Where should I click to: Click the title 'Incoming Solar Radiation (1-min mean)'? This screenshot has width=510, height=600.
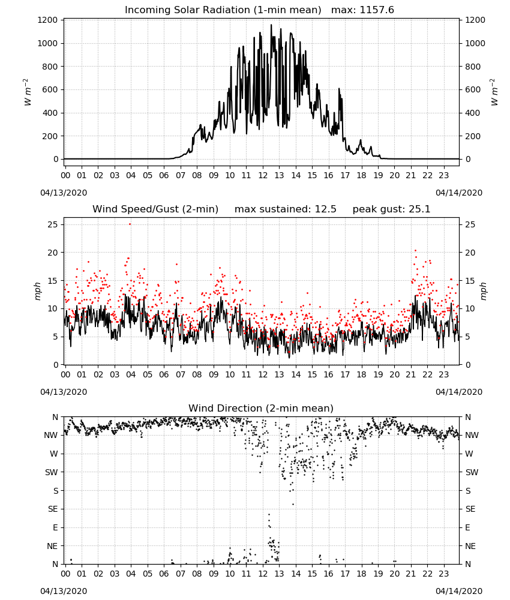point(223,10)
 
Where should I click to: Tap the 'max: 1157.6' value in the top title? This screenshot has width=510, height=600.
point(362,10)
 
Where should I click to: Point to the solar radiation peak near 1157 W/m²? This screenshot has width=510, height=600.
point(271,25)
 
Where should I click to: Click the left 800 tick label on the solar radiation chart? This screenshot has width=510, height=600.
point(50,67)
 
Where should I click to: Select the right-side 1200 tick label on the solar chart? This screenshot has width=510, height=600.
point(475,20)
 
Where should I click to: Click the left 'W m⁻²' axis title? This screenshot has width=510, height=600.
point(27,92)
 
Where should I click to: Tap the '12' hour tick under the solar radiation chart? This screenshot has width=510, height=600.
point(263,175)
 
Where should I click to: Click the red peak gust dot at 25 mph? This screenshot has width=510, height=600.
point(130,224)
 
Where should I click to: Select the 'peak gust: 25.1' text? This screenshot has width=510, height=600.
point(391,209)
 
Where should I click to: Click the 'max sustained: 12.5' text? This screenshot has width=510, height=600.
point(286,209)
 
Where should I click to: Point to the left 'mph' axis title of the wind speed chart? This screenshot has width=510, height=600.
point(37,291)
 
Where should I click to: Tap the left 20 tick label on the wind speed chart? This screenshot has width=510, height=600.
point(53,253)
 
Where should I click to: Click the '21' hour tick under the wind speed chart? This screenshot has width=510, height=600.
point(411,374)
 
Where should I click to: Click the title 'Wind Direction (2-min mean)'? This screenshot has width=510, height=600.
point(261,408)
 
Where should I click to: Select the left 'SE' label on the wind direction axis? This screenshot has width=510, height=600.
point(53,509)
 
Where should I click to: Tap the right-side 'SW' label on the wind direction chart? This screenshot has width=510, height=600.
point(472,472)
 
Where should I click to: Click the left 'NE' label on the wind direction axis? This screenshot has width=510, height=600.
point(52,546)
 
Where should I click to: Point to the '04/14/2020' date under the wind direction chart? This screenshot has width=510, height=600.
point(459,591)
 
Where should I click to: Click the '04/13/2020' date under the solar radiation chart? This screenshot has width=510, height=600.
point(64,193)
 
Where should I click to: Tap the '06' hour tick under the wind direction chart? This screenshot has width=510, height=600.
point(164,574)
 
